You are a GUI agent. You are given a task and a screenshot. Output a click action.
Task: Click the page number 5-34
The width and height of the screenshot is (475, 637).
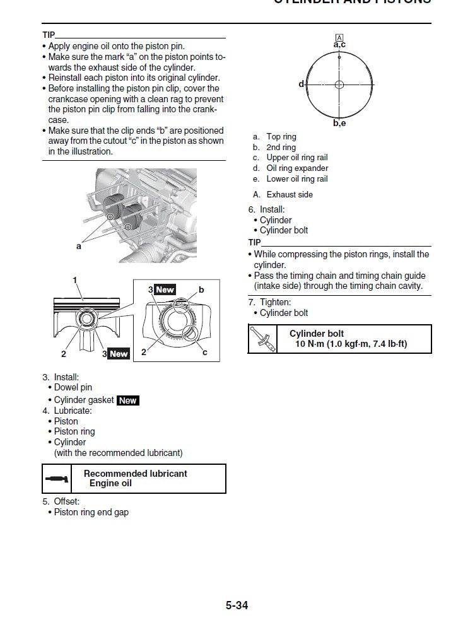coord(237,605)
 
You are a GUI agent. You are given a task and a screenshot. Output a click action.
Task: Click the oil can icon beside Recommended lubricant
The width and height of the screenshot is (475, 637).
coord(57,479)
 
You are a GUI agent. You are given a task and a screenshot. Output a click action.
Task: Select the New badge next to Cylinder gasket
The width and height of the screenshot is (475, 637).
coord(128,400)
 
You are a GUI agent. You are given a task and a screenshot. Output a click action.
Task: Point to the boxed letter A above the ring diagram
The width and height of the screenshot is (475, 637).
coord(339,37)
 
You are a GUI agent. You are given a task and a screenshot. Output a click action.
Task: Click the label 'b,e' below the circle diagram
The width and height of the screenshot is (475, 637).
coord(339,124)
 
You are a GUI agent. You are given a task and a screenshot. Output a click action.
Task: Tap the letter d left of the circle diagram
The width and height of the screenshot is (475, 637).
coord(301,84)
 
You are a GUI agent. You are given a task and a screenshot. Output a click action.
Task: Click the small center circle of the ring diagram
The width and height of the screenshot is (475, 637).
coord(339,84)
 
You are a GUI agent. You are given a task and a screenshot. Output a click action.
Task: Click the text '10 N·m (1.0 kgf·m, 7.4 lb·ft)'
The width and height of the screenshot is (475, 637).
coord(351,344)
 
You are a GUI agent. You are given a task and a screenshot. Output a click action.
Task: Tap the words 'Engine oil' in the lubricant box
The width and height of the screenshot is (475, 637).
coord(110,484)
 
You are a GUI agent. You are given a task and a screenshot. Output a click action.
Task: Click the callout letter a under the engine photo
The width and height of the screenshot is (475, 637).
coord(79,247)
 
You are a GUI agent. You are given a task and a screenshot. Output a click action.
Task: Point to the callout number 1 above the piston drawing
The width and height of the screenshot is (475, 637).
coord(74,279)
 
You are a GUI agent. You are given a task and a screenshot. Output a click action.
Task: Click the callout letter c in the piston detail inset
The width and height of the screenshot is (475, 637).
coord(205,353)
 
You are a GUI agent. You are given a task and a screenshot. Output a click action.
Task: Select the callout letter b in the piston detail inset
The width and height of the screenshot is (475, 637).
coord(201,289)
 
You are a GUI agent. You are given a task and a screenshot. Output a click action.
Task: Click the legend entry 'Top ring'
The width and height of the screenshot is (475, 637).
coord(281,137)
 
